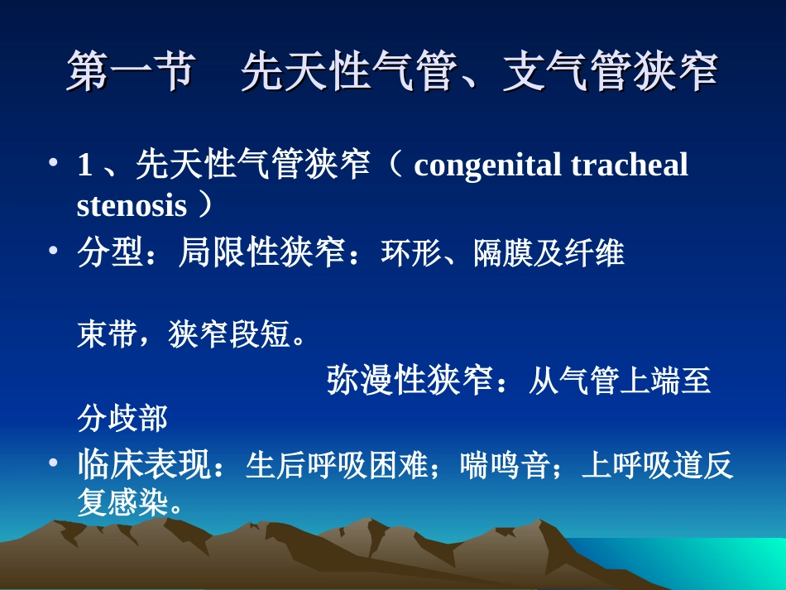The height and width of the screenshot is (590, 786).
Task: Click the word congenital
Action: (x=486, y=165)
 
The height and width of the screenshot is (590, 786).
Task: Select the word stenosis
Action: (x=132, y=205)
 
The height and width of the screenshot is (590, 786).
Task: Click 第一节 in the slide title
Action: (x=131, y=73)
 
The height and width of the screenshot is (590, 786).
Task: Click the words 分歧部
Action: (x=122, y=419)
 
